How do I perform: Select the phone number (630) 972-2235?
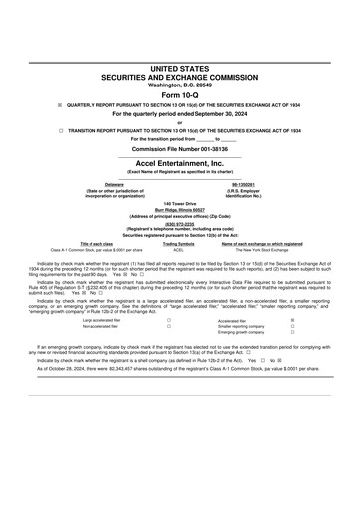[180, 224]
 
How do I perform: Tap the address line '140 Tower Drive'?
[180, 203]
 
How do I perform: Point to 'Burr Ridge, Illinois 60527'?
[180, 210]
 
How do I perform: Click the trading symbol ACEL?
[179, 251]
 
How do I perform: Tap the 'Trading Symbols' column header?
[179, 244]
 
